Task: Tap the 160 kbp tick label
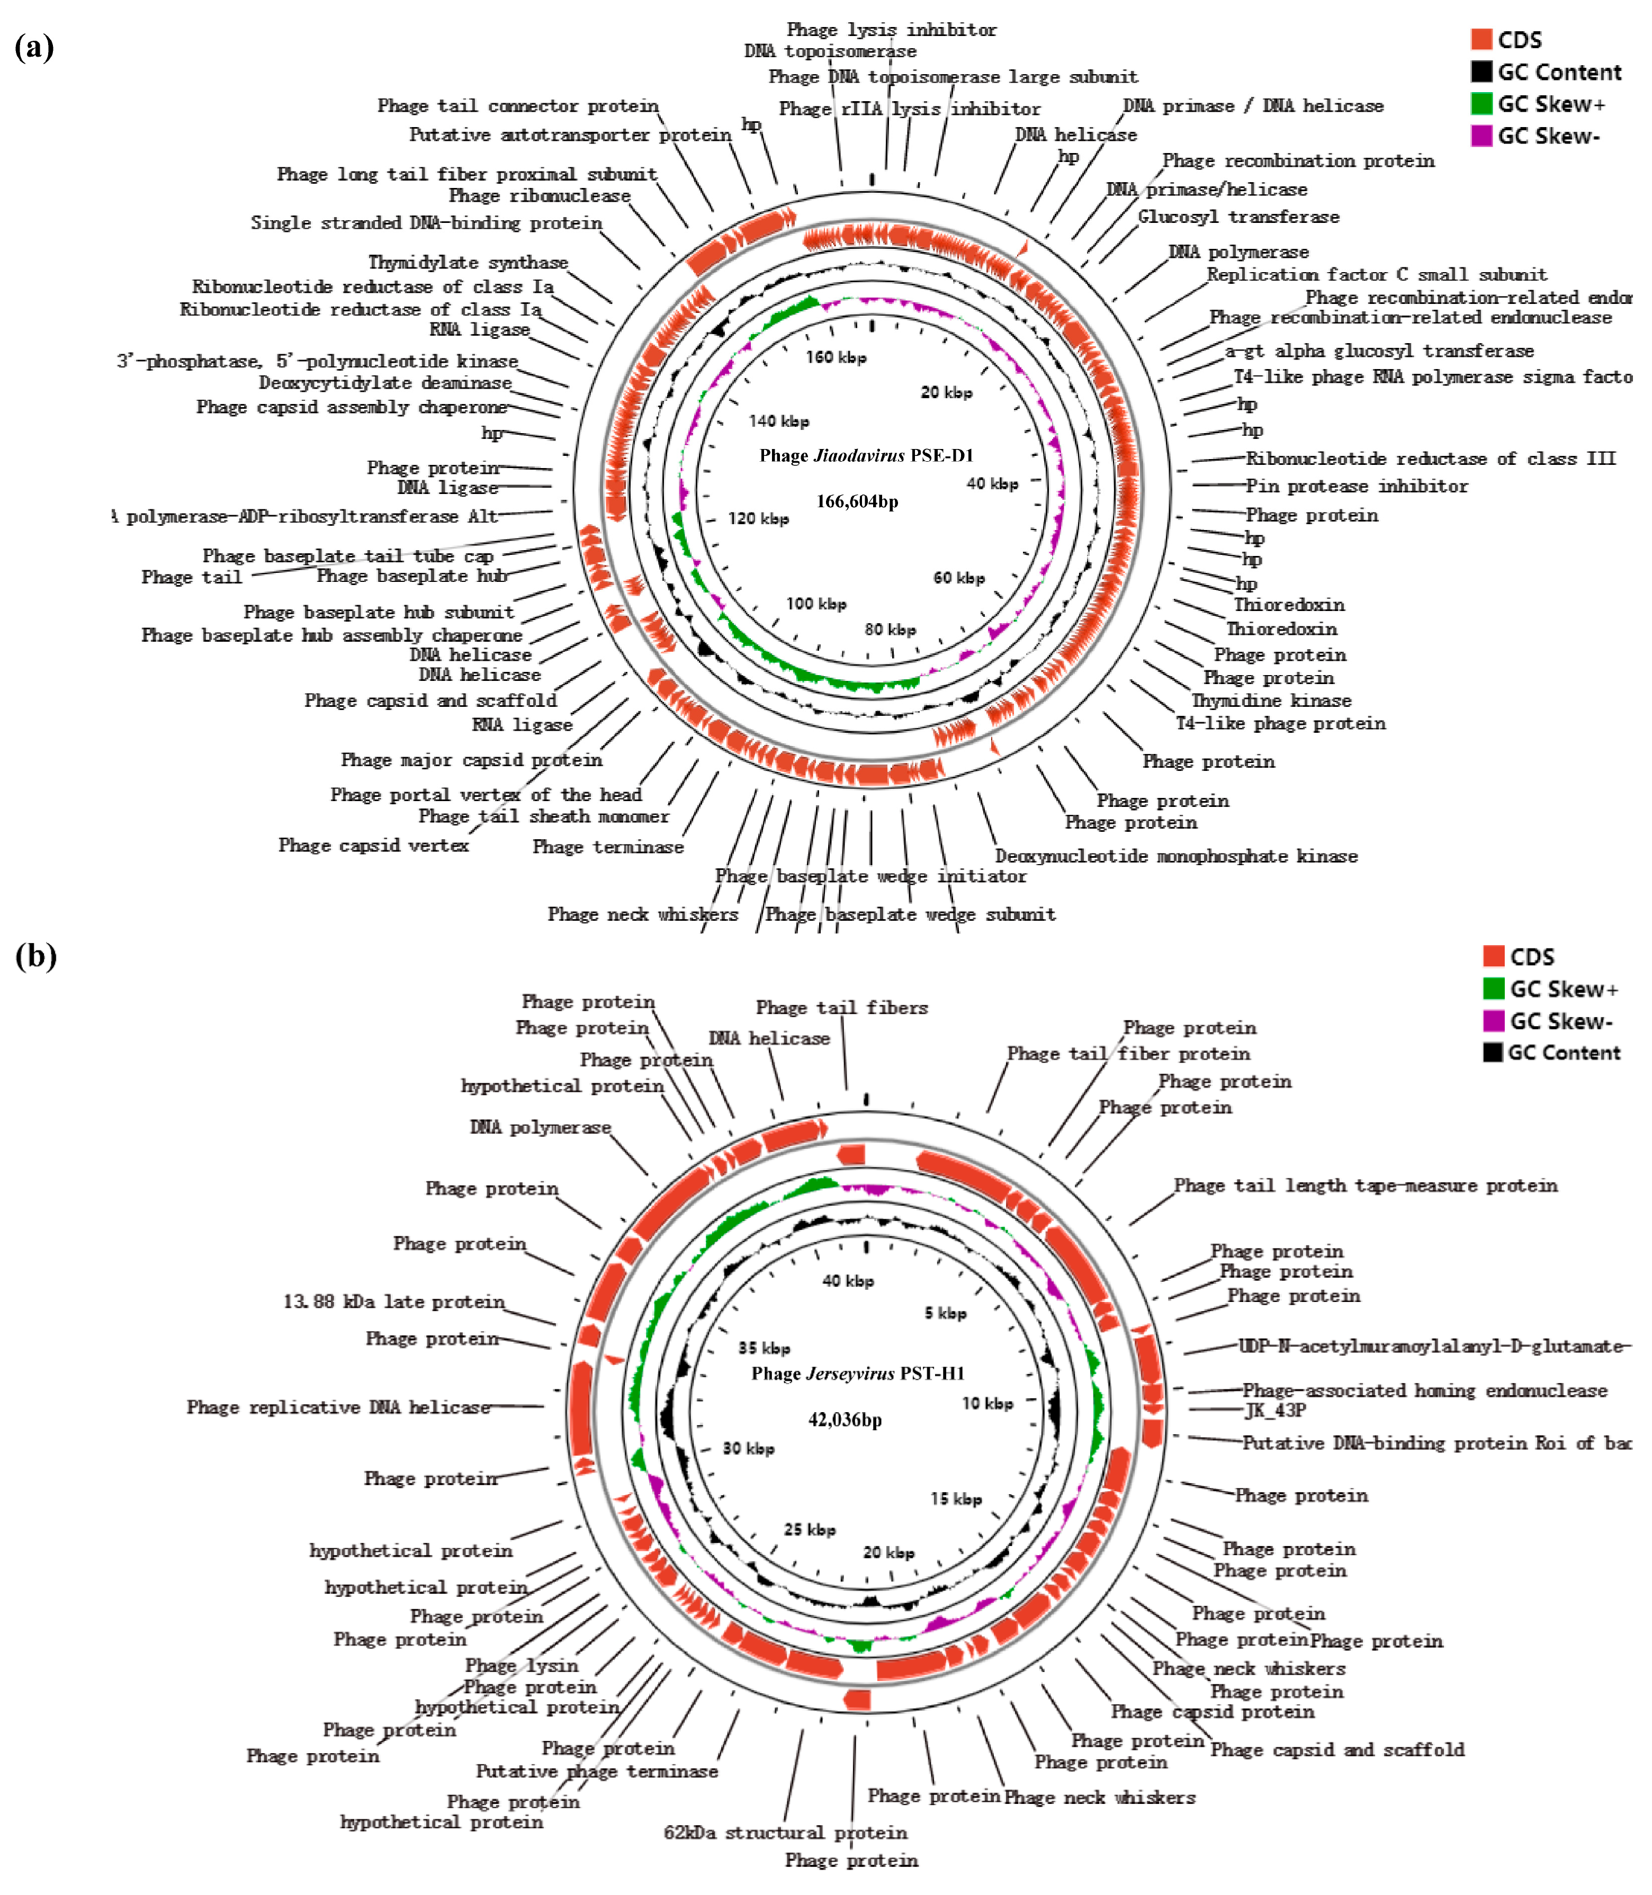pos(835,357)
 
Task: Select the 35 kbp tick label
pos(764,1348)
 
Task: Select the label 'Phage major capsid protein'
pos(471,759)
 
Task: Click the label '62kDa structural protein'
pos(785,1833)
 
